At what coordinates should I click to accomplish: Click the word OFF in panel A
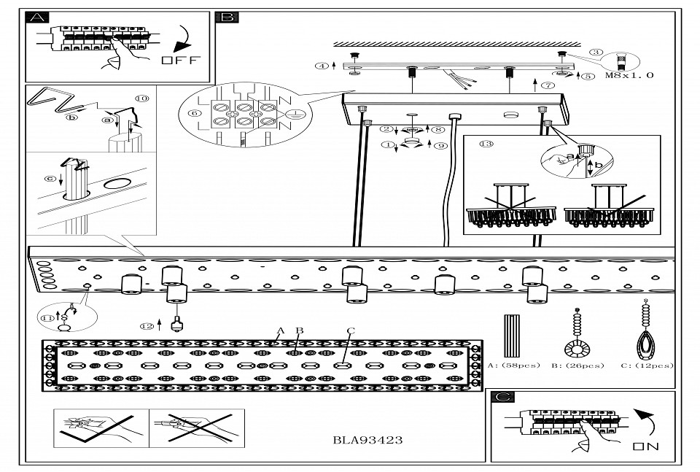pos(179,61)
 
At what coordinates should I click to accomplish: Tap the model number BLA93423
pos(367,440)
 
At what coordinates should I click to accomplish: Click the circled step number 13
pos(486,144)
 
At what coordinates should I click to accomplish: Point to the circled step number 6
pos(194,113)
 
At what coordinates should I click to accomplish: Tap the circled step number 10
pos(141,98)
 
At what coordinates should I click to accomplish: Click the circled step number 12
pos(149,325)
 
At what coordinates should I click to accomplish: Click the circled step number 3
pos(597,52)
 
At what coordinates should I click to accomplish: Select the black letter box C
pos(503,397)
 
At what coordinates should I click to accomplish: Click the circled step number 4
pos(321,66)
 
